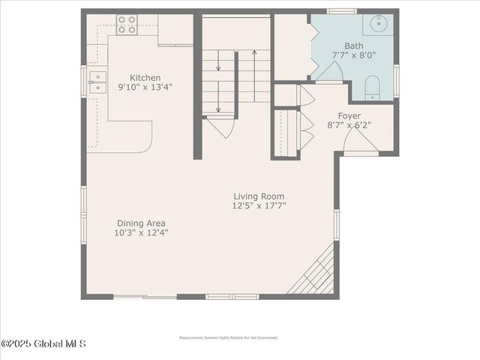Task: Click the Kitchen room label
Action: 145,77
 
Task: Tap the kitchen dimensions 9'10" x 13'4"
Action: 145,87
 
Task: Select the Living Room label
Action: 259,196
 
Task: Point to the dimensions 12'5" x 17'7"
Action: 259,205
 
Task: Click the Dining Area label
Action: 141,223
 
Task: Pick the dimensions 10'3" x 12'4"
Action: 141,232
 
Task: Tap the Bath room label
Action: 353,46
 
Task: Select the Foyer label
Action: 349,115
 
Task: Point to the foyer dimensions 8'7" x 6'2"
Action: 349,125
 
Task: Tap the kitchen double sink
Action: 96,82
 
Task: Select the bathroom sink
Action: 376,25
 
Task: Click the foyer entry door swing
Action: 362,142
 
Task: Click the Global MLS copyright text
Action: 43,343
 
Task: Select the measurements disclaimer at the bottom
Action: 229,337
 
